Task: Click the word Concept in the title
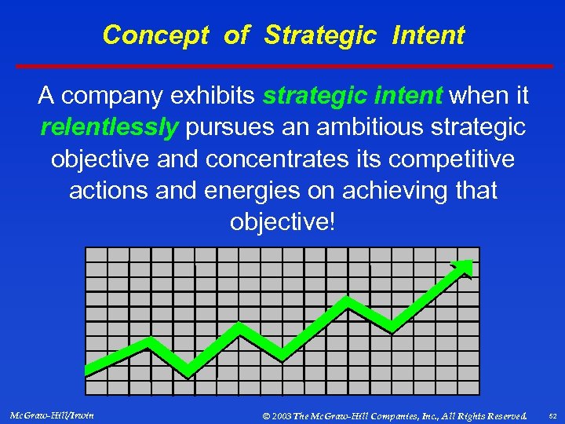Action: click(x=155, y=35)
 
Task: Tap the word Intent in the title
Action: click(x=429, y=35)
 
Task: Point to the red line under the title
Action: click(x=282, y=66)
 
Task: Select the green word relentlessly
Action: click(x=109, y=127)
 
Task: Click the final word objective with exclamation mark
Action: click(x=282, y=221)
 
